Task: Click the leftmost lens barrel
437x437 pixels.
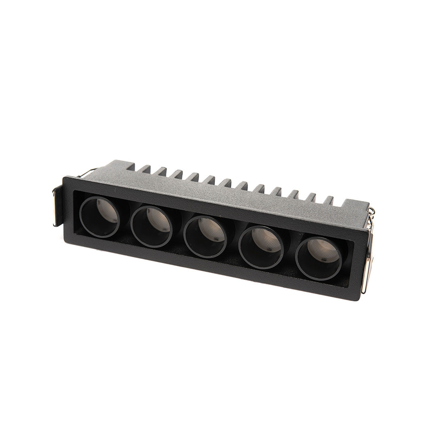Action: [x=100, y=217]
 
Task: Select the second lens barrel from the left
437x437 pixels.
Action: [x=152, y=227]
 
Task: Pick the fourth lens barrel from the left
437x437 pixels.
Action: [x=261, y=247]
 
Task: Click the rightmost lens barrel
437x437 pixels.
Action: [x=318, y=259]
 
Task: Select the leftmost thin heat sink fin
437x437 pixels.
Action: [x=144, y=169]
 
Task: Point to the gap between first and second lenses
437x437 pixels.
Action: [x=125, y=223]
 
